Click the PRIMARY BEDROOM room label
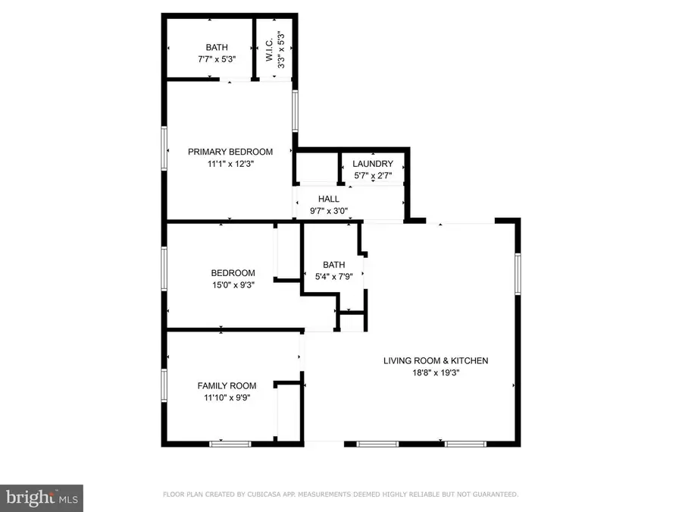click(x=230, y=152)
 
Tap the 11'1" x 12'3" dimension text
click(x=230, y=163)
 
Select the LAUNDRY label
click(x=373, y=164)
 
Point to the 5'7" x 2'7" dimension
click(x=373, y=176)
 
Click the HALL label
click(x=329, y=199)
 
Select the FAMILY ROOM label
click(x=227, y=385)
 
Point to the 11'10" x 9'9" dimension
click(x=227, y=397)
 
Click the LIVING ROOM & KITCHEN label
click(x=436, y=361)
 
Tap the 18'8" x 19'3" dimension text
click(x=436, y=372)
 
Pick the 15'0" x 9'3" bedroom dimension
click(x=233, y=285)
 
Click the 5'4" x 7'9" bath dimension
click(x=334, y=276)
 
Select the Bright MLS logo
click(x=42, y=498)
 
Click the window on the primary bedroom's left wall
click(x=164, y=147)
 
